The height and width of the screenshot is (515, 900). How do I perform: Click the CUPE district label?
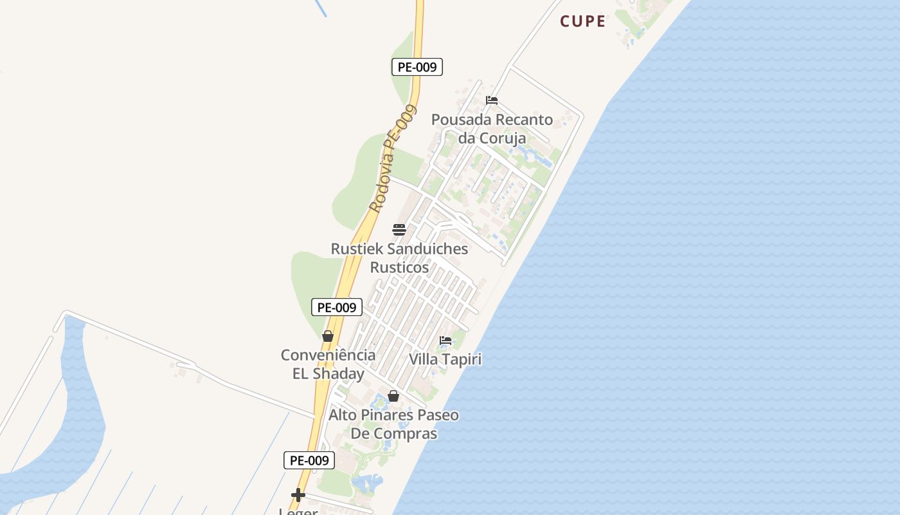click(582, 21)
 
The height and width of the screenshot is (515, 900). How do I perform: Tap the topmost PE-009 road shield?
click(417, 67)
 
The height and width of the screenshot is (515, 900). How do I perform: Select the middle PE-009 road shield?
click(337, 307)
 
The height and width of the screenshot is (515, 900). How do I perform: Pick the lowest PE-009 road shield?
click(309, 460)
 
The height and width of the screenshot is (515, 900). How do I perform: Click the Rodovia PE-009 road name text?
click(392, 159)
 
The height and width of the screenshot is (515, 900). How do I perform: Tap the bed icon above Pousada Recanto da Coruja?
click(492, 100)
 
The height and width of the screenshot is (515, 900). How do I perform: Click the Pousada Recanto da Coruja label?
click(492, 129)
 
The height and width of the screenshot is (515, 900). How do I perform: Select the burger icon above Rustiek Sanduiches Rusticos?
click(399, 230)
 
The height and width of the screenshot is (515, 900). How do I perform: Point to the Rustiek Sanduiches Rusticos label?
click(399, 257)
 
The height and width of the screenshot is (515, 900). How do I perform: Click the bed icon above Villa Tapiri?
click(446, 341)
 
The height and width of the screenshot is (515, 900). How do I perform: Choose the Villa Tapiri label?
click(446, 359)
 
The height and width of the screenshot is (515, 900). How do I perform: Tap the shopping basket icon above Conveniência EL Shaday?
click(328, 336)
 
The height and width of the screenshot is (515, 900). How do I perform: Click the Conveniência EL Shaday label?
click(328, 364)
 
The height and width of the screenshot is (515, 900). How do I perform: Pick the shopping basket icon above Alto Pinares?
click(393, 396)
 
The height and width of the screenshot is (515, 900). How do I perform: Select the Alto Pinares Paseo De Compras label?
click(393, 424)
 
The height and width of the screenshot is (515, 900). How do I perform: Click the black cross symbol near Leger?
click(298, 495)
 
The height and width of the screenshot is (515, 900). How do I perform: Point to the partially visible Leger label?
click(298, 512)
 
